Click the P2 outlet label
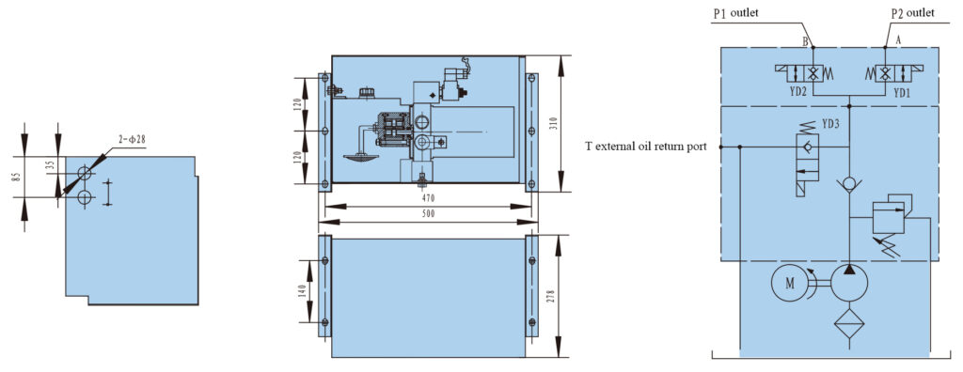pyautogui.click(x=912, y=13)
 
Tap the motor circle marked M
pyautogui.click(x=790, y=283)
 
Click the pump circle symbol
pyautogui.click(x=849, y=283)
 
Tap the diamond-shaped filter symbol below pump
pyautogui.click(x=849, y=322)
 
